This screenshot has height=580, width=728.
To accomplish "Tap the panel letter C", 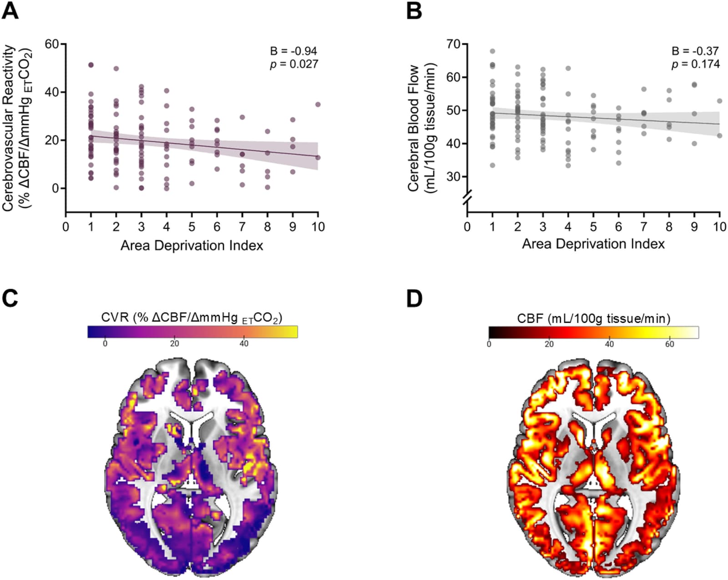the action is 10,298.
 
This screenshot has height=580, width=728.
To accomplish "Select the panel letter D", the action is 415,299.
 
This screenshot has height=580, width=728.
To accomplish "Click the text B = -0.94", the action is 293,51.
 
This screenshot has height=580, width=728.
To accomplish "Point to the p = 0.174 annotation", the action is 696,64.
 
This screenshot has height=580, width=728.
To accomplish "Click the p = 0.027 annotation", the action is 294,64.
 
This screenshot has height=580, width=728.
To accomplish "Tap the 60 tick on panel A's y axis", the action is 52,44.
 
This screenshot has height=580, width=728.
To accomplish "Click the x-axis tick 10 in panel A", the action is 318,227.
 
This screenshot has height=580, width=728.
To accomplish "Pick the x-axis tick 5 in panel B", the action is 593,227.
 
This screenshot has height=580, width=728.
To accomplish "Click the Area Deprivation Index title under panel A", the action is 192,245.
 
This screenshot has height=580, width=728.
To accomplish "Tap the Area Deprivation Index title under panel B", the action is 593,244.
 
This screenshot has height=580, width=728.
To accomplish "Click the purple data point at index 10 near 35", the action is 318,105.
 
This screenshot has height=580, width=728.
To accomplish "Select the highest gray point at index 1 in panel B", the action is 493,51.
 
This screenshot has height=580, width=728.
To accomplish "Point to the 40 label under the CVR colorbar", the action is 244,344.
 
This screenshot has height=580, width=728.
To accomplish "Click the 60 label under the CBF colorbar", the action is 669,345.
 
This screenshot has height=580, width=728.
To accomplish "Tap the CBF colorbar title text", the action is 594,318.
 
